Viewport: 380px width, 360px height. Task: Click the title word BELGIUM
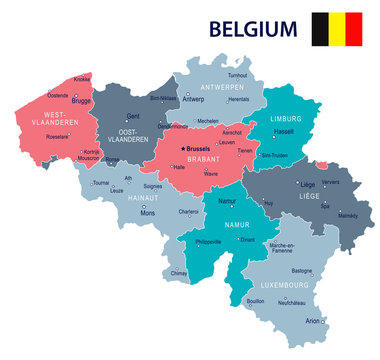point(253,27)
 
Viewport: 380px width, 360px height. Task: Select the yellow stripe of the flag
point(338,29)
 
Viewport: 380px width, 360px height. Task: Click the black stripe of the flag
point(322,29)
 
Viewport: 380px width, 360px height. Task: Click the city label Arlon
point(315,320)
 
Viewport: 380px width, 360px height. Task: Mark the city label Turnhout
point(237,75)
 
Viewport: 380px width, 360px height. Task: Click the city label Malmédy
point(347,214)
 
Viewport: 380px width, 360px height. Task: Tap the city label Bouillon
point(255,301)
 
